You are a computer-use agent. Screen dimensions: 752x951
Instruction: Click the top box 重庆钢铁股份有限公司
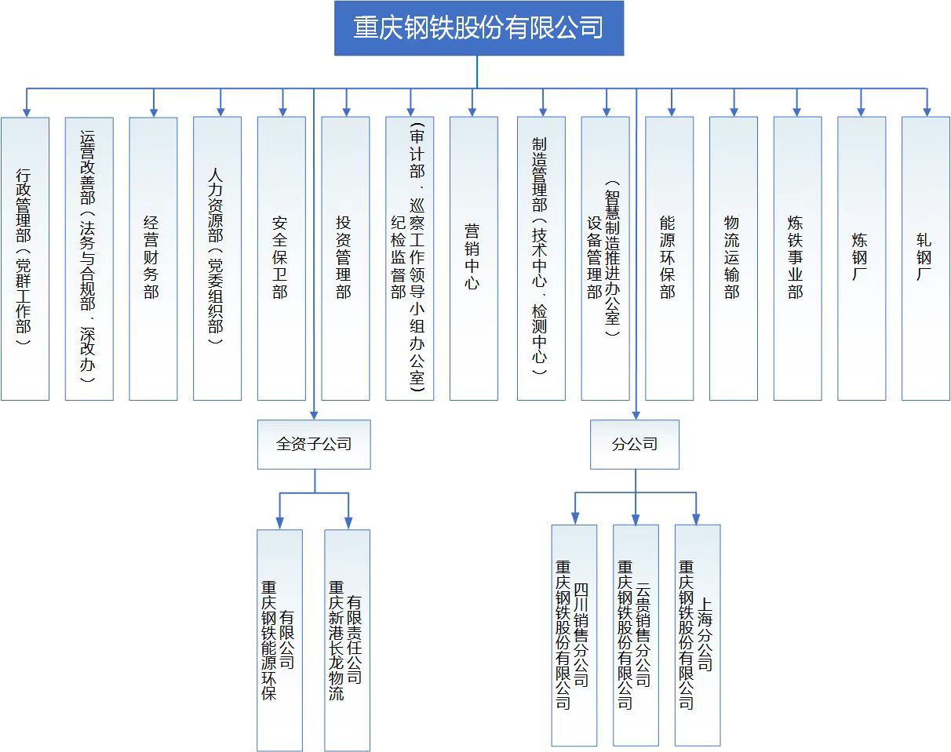pos(479,28)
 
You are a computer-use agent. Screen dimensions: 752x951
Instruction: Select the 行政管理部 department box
pos(25,259)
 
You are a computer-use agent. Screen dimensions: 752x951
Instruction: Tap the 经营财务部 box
pos(153,259)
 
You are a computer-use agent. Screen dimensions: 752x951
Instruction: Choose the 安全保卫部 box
pos(281,259)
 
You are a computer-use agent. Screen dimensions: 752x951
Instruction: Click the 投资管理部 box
pos(345,259)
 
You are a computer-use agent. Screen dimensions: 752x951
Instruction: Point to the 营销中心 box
pos(473,259)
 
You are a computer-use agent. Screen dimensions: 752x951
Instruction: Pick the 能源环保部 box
pos(669,259)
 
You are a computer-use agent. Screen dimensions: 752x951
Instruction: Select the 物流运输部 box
pos(733,259)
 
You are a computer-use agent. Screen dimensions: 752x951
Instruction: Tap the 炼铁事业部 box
pos(797,259)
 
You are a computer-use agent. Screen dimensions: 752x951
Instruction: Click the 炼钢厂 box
pos(861,259)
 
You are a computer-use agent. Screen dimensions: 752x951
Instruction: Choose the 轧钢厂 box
pos(925,259)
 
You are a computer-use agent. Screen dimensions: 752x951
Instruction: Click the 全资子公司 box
pos(314,444)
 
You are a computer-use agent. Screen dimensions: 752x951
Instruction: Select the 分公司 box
pos(635,444)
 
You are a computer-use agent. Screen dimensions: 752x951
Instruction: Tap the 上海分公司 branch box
pos(697,635)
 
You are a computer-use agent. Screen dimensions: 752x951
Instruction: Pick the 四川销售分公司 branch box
pos(574,635)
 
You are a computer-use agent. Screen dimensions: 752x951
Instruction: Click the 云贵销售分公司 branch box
pos(635,635)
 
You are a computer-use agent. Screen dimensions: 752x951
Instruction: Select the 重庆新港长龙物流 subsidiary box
pos(347,640)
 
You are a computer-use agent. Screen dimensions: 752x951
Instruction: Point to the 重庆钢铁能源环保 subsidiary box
pos(279,640)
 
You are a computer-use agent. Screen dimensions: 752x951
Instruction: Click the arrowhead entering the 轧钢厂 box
pos(926,112)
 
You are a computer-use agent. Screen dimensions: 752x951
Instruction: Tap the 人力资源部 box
pos(217,259)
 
